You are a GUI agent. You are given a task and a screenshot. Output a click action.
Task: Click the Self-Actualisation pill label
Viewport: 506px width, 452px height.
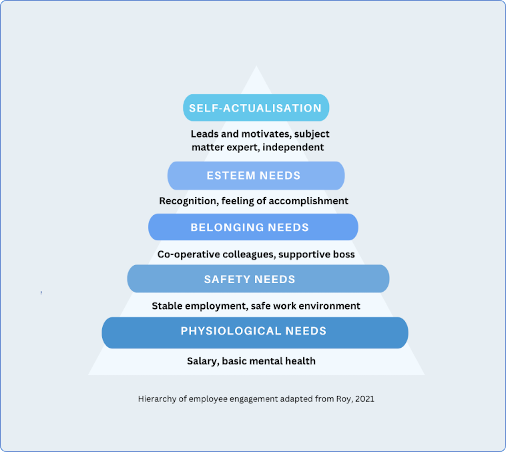pyautogui.click(x=256, y=108)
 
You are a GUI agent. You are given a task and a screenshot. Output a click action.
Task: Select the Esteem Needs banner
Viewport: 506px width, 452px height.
pyautogui.click(x=256, y=176)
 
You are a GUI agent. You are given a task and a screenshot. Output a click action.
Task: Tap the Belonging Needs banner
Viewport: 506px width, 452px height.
pyautogui.click(x=253, y=227)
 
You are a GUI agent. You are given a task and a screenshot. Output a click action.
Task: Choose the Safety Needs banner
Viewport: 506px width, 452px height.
pyautogui.click(x=258, y=279)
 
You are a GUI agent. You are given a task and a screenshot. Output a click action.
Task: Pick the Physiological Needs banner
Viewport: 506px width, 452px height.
pyautogui.click(x=255, y=332)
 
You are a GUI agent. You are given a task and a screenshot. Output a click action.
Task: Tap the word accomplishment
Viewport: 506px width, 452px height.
pyautogui.click(x=308, y=201)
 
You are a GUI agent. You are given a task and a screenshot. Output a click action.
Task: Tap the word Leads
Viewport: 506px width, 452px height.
pyautogui.click(x=204, y=134)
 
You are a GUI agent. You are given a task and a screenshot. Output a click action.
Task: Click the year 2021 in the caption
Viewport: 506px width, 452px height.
pyautogui.click(x=365, y=399)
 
